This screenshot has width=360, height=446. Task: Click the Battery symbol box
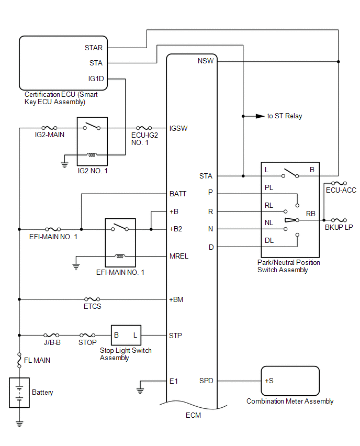(x=19, y=393)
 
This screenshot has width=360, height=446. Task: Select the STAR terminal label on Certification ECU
(x=94, y=48)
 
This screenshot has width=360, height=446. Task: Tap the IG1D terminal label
(x=96, y=79)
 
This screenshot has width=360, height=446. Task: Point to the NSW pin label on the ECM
(x=206, y=61)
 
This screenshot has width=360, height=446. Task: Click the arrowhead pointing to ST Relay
(x=260, y=116)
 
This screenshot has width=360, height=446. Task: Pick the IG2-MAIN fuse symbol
(x=50, y=128)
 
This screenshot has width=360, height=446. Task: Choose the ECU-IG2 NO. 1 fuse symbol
(x=144, y=128)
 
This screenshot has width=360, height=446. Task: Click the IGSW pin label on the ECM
(x=178, y=129)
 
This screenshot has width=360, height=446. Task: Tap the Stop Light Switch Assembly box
(x=126, y=336)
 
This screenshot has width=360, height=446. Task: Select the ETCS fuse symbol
(x=92, y=299)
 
